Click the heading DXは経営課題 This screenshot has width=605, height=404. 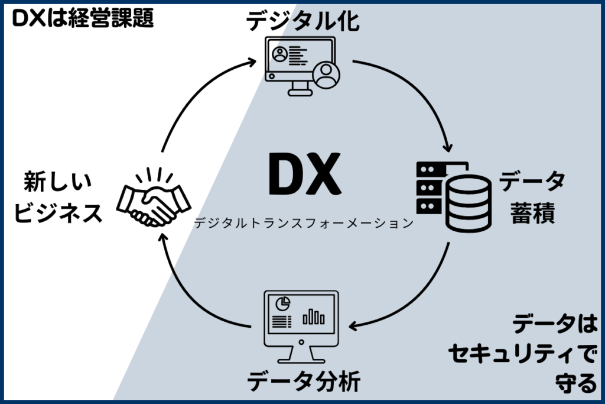(x=83, y=19)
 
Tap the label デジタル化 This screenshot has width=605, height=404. (x=302, y=22)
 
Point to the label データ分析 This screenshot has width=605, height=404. (x=302, y=382)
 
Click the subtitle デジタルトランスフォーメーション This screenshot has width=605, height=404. (x=302, y=223)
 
